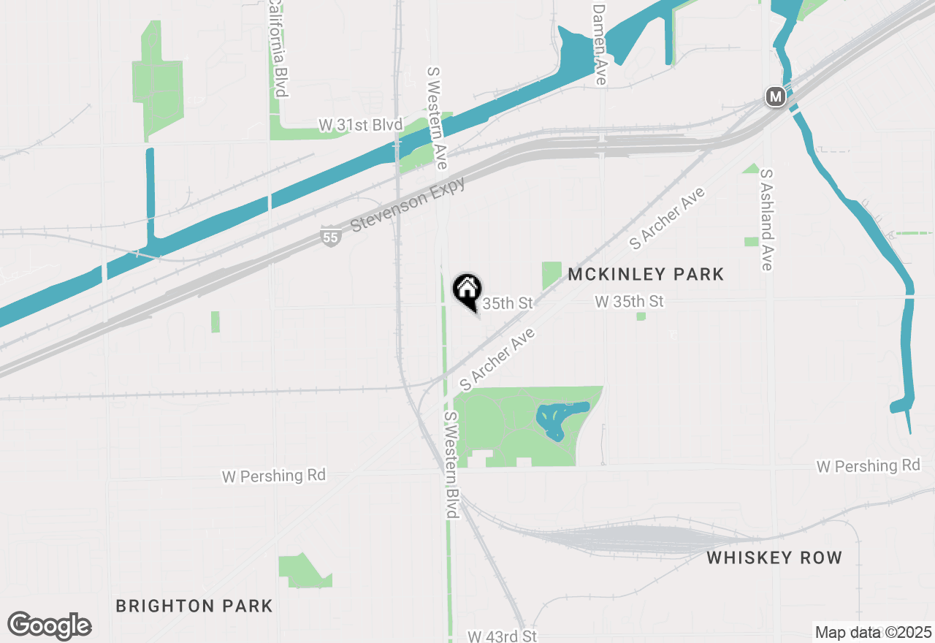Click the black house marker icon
click(467, 290)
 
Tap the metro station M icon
click(775, 96)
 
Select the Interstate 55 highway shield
click(330, 236)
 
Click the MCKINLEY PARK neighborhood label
click(646, 274)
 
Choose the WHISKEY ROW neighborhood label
click(774, 558)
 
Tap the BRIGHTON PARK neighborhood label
click(194, 606)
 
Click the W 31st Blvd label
click(360, 126)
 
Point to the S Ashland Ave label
click(766, 220)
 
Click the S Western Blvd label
click(451, 465)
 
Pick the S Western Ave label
click(436, 118)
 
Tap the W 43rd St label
click(502, 636)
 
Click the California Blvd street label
click(277, 48)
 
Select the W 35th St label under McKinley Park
click(629, 301)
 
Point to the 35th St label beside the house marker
click(508, 303)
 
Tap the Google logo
click(50, 626)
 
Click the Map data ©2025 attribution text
click(873, 632)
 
